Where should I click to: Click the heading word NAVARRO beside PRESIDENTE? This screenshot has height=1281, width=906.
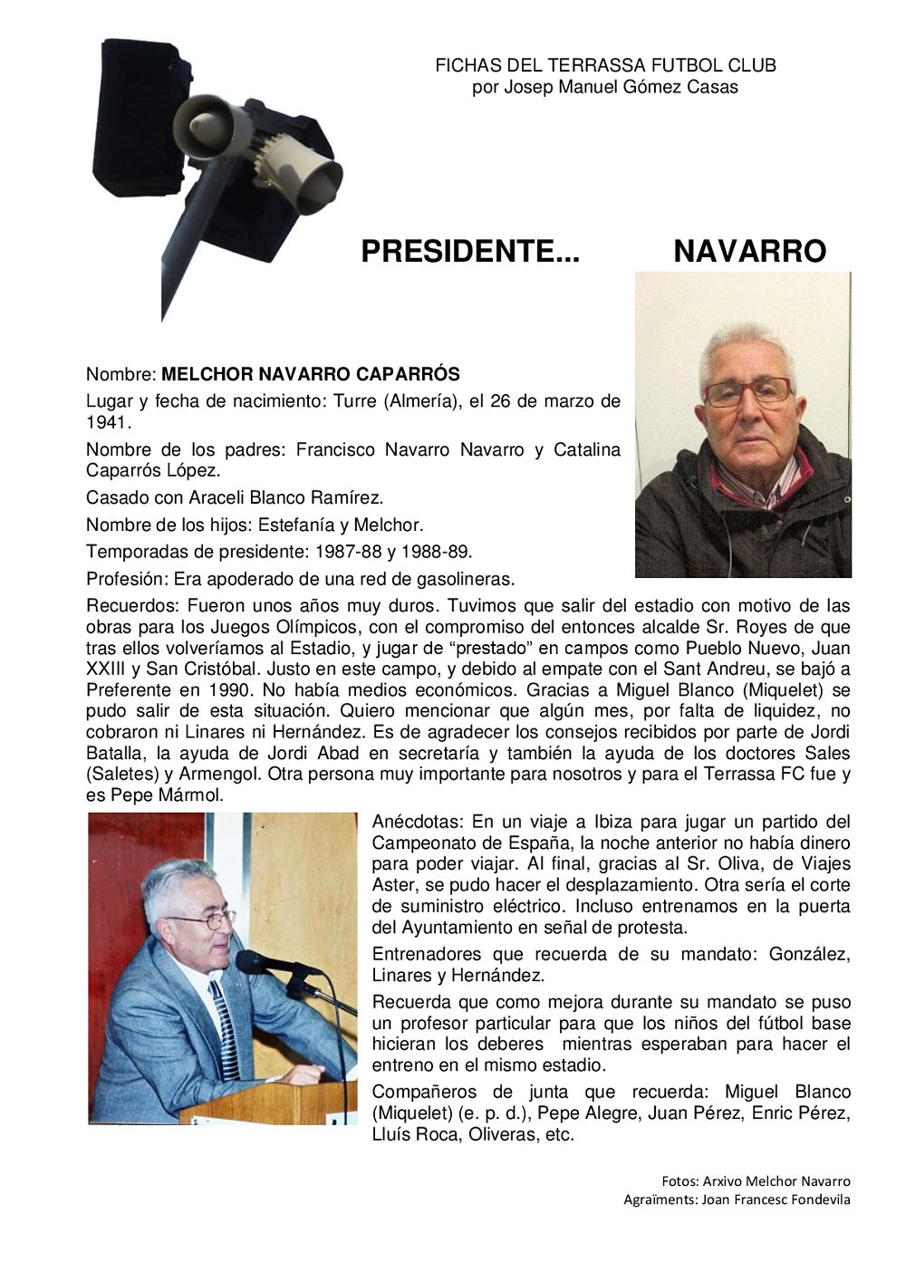749,252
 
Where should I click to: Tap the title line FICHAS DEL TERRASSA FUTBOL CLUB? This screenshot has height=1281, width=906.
605,66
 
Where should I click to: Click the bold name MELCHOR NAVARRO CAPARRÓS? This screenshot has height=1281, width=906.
310,374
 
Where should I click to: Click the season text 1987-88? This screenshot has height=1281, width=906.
344,552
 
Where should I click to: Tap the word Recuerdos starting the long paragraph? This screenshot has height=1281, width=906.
124,605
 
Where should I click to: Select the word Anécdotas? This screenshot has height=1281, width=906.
415,823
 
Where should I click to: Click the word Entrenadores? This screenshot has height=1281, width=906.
427,954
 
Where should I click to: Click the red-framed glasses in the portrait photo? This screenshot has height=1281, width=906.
747,392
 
